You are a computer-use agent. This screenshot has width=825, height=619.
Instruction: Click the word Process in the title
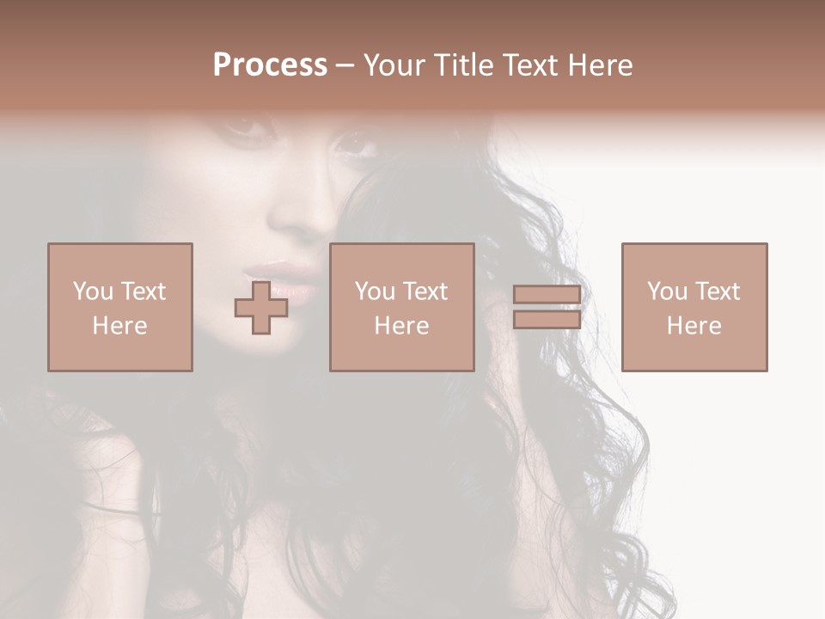(x=270, y=65)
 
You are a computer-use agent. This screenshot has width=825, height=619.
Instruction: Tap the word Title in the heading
(x=465, y=65)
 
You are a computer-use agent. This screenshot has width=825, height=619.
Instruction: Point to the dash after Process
(x=345, y=66)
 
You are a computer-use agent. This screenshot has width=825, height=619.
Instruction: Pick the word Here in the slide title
(x=603, y=65)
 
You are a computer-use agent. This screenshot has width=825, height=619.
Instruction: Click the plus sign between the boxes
(x=261, y=308)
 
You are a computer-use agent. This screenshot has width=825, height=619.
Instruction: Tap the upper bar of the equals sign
(x=547, y=295)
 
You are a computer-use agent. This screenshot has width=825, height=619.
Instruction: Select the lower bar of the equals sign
(x=547, y=320)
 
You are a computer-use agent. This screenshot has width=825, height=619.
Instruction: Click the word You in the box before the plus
(x=93, y=291)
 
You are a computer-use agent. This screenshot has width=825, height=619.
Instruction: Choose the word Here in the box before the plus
(x=119, y=326)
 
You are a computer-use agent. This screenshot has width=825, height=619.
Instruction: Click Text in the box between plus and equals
(x=425, y=291)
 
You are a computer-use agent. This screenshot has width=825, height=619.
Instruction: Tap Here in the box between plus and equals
(x=401, y=326)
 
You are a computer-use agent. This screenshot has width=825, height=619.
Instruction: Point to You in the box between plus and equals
(x=375, y=291)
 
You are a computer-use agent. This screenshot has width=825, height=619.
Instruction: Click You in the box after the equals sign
(x=667, y=291)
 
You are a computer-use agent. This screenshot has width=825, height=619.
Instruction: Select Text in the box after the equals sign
(x=718, y=291)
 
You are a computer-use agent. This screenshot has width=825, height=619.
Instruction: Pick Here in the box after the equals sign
(x=694, y=326)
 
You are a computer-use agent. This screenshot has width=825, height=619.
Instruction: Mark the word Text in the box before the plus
(x=144, y=291)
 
